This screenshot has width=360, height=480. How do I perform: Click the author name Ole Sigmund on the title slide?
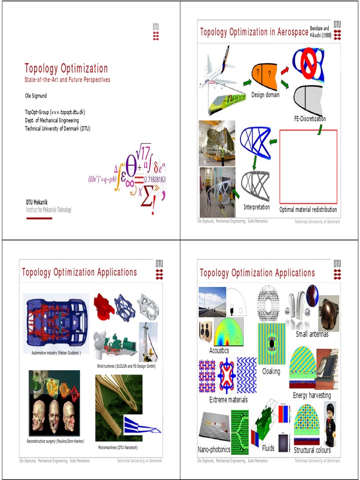click(36, 96)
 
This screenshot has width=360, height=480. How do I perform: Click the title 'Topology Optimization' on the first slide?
click(66, 68)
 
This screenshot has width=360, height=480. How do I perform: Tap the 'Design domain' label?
click(265, 95)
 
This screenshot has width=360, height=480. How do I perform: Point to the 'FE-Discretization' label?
click(310, 119)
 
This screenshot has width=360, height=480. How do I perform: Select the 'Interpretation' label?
click(256, 207)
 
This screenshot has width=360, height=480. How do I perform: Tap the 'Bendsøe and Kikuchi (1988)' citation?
click(321, 32)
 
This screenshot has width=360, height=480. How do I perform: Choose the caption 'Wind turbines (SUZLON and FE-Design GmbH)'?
click(126, 366)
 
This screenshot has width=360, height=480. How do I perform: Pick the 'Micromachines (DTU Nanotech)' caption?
click(118, 448)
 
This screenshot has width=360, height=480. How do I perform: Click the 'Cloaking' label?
click(271, 371)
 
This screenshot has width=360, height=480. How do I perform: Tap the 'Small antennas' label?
click(312, 334)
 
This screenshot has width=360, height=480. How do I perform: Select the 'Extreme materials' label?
click(228, 400)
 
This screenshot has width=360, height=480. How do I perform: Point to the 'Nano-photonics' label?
click(214, 450)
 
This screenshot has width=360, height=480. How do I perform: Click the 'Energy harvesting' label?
click(312, 396)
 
